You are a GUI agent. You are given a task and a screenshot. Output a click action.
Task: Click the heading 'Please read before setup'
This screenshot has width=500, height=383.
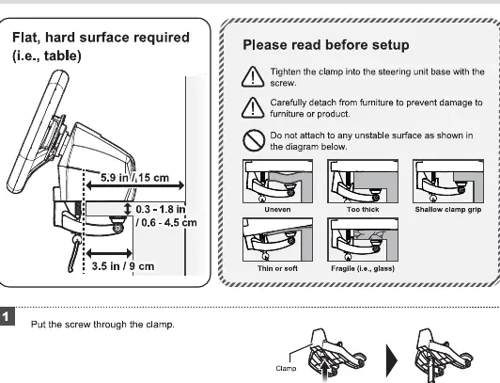326,45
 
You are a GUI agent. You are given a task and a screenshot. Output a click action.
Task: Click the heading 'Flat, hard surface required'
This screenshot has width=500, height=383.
101,38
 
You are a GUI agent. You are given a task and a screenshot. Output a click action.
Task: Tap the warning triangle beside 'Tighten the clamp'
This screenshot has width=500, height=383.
253,76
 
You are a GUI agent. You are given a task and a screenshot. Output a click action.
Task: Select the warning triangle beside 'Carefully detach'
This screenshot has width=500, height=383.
253,107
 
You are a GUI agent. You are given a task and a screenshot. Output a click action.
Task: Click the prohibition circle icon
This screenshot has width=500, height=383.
254,140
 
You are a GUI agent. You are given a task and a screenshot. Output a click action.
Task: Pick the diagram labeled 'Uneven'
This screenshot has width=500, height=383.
278,182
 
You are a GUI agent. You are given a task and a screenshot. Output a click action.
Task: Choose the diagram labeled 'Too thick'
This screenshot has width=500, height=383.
363,182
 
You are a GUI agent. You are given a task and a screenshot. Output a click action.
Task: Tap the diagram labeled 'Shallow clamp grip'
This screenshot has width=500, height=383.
448,182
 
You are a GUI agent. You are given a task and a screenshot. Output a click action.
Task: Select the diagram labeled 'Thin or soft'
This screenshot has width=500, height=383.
278,240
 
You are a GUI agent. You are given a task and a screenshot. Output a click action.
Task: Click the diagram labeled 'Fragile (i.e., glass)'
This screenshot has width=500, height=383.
363,240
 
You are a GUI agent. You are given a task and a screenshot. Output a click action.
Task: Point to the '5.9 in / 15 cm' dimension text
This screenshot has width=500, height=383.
135,178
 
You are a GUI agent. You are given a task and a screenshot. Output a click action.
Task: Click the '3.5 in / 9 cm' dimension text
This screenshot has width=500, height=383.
123,266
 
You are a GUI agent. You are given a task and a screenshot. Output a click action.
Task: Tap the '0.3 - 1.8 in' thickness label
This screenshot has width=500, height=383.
161,209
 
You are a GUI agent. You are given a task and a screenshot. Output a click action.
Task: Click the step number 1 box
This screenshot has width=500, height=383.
7,316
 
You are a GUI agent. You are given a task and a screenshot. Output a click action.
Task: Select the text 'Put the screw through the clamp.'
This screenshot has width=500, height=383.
102,325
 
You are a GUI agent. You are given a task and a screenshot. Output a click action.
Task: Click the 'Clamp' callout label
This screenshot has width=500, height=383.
286,369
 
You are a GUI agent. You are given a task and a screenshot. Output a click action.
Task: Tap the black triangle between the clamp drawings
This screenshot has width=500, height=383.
392,360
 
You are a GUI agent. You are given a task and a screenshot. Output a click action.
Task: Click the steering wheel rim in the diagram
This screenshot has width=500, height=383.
38,132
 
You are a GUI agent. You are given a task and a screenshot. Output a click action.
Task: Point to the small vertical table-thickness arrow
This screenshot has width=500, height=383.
128,209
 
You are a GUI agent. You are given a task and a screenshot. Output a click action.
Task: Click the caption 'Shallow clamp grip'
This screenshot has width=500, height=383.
448,210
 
